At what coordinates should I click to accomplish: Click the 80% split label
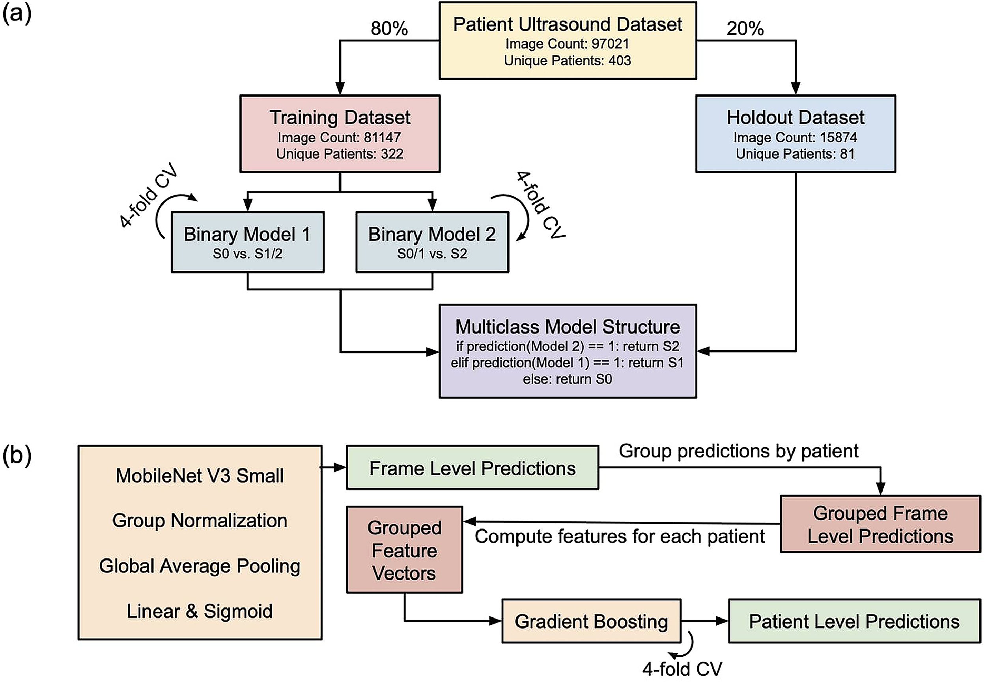click(x=389, y=29)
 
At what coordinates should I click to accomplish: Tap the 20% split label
click(x=745, y=29)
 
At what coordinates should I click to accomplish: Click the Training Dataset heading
click(x=340, y=118)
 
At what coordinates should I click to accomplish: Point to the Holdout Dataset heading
click(x=796, y=118)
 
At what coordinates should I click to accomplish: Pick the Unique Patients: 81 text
click(x=795, y=154)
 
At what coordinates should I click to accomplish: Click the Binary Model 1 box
click(x=248, y=242)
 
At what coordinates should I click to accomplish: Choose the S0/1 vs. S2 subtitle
click(x=432, y=254)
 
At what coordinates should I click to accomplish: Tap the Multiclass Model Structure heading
click(x=568, y=327)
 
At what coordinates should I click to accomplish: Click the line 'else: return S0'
click(x=568, y=379)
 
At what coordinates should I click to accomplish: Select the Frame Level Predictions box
click(x=472, y=468)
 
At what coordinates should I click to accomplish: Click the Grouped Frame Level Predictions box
click(x=881, y=524)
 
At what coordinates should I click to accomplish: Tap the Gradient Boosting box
click(x=591, y=621)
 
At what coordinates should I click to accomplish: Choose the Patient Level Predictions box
click(x=854, y=621)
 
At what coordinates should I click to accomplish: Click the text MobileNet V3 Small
click(x=200, y=476)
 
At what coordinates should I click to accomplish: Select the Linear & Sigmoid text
click(x=200, y=611)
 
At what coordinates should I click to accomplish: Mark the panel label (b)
click(x=17, y=456)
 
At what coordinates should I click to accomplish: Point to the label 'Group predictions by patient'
click(x=739, y=451)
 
